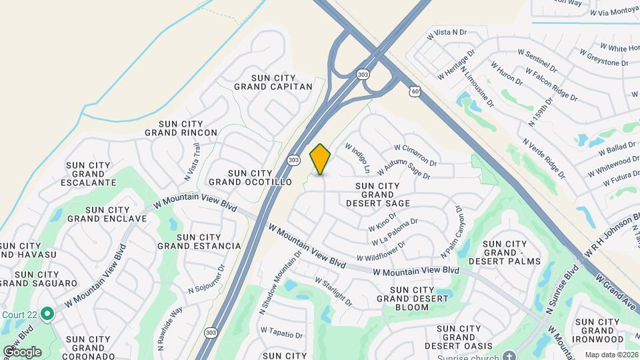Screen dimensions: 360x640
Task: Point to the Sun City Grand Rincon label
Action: point(181,128)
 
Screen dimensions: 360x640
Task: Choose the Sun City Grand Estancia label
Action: point(199,241)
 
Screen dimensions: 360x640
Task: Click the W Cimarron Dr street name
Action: point(415,155)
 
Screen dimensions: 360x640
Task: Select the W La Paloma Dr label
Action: point(395,231)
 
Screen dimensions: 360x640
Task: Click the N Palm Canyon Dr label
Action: point(451,232)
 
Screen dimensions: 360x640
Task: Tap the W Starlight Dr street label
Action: point(333,291)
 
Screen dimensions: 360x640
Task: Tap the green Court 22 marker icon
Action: point(47,313)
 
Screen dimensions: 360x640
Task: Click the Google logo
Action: point(22,351)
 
